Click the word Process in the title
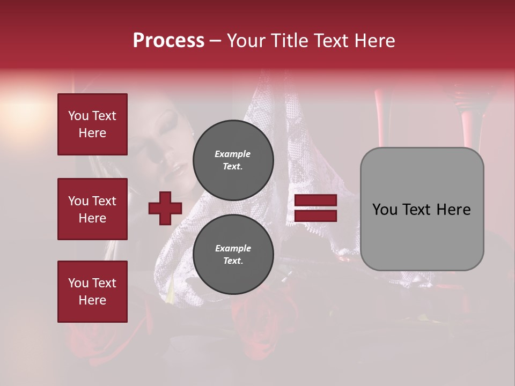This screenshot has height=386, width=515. click(x=168, y=41)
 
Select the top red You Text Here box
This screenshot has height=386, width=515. click(x=92, y=124)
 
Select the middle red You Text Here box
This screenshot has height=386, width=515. click(x=92, y=209)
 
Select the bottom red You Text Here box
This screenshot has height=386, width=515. click(x=92, y=291)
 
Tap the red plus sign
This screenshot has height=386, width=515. click(x=165, y=208)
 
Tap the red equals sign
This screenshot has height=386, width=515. click(x=315, y=208)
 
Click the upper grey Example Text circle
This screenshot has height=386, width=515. click(x=233, y=160)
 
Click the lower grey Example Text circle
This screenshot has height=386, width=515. click(x=233, y=254)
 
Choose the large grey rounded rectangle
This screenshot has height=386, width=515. click(x=422, y=209)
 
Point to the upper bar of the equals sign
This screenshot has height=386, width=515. click(x=315, y=201)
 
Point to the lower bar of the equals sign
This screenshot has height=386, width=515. click(x=315, y=216)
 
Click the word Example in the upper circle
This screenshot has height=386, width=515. click(x=232, y=154)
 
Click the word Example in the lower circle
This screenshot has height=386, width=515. click(x=232, y=248)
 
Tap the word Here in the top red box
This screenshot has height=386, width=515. click(x=92, y=133)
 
